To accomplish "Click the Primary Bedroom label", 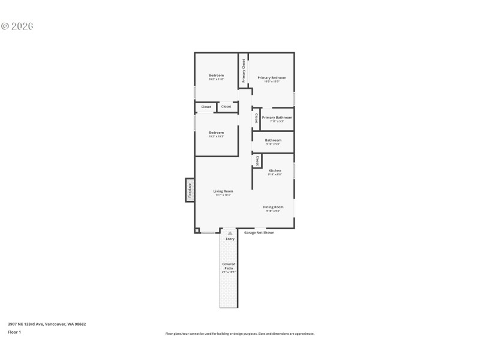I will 271,78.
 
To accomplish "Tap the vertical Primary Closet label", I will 244,71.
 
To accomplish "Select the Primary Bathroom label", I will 277,118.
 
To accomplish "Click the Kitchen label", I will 275,171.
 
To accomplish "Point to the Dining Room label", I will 273,208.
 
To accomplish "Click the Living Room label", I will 223,192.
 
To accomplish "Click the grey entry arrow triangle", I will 230,233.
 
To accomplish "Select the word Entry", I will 230,239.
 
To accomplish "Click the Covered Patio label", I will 229,266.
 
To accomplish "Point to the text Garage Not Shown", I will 259,233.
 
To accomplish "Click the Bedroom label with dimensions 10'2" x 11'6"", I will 216,76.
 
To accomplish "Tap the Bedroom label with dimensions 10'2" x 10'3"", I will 216,133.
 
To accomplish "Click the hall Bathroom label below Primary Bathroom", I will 273,141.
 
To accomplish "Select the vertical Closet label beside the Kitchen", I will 257,161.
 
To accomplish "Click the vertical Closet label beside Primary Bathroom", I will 257,118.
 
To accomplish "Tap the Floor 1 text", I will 14,332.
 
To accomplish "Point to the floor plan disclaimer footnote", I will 239,334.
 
